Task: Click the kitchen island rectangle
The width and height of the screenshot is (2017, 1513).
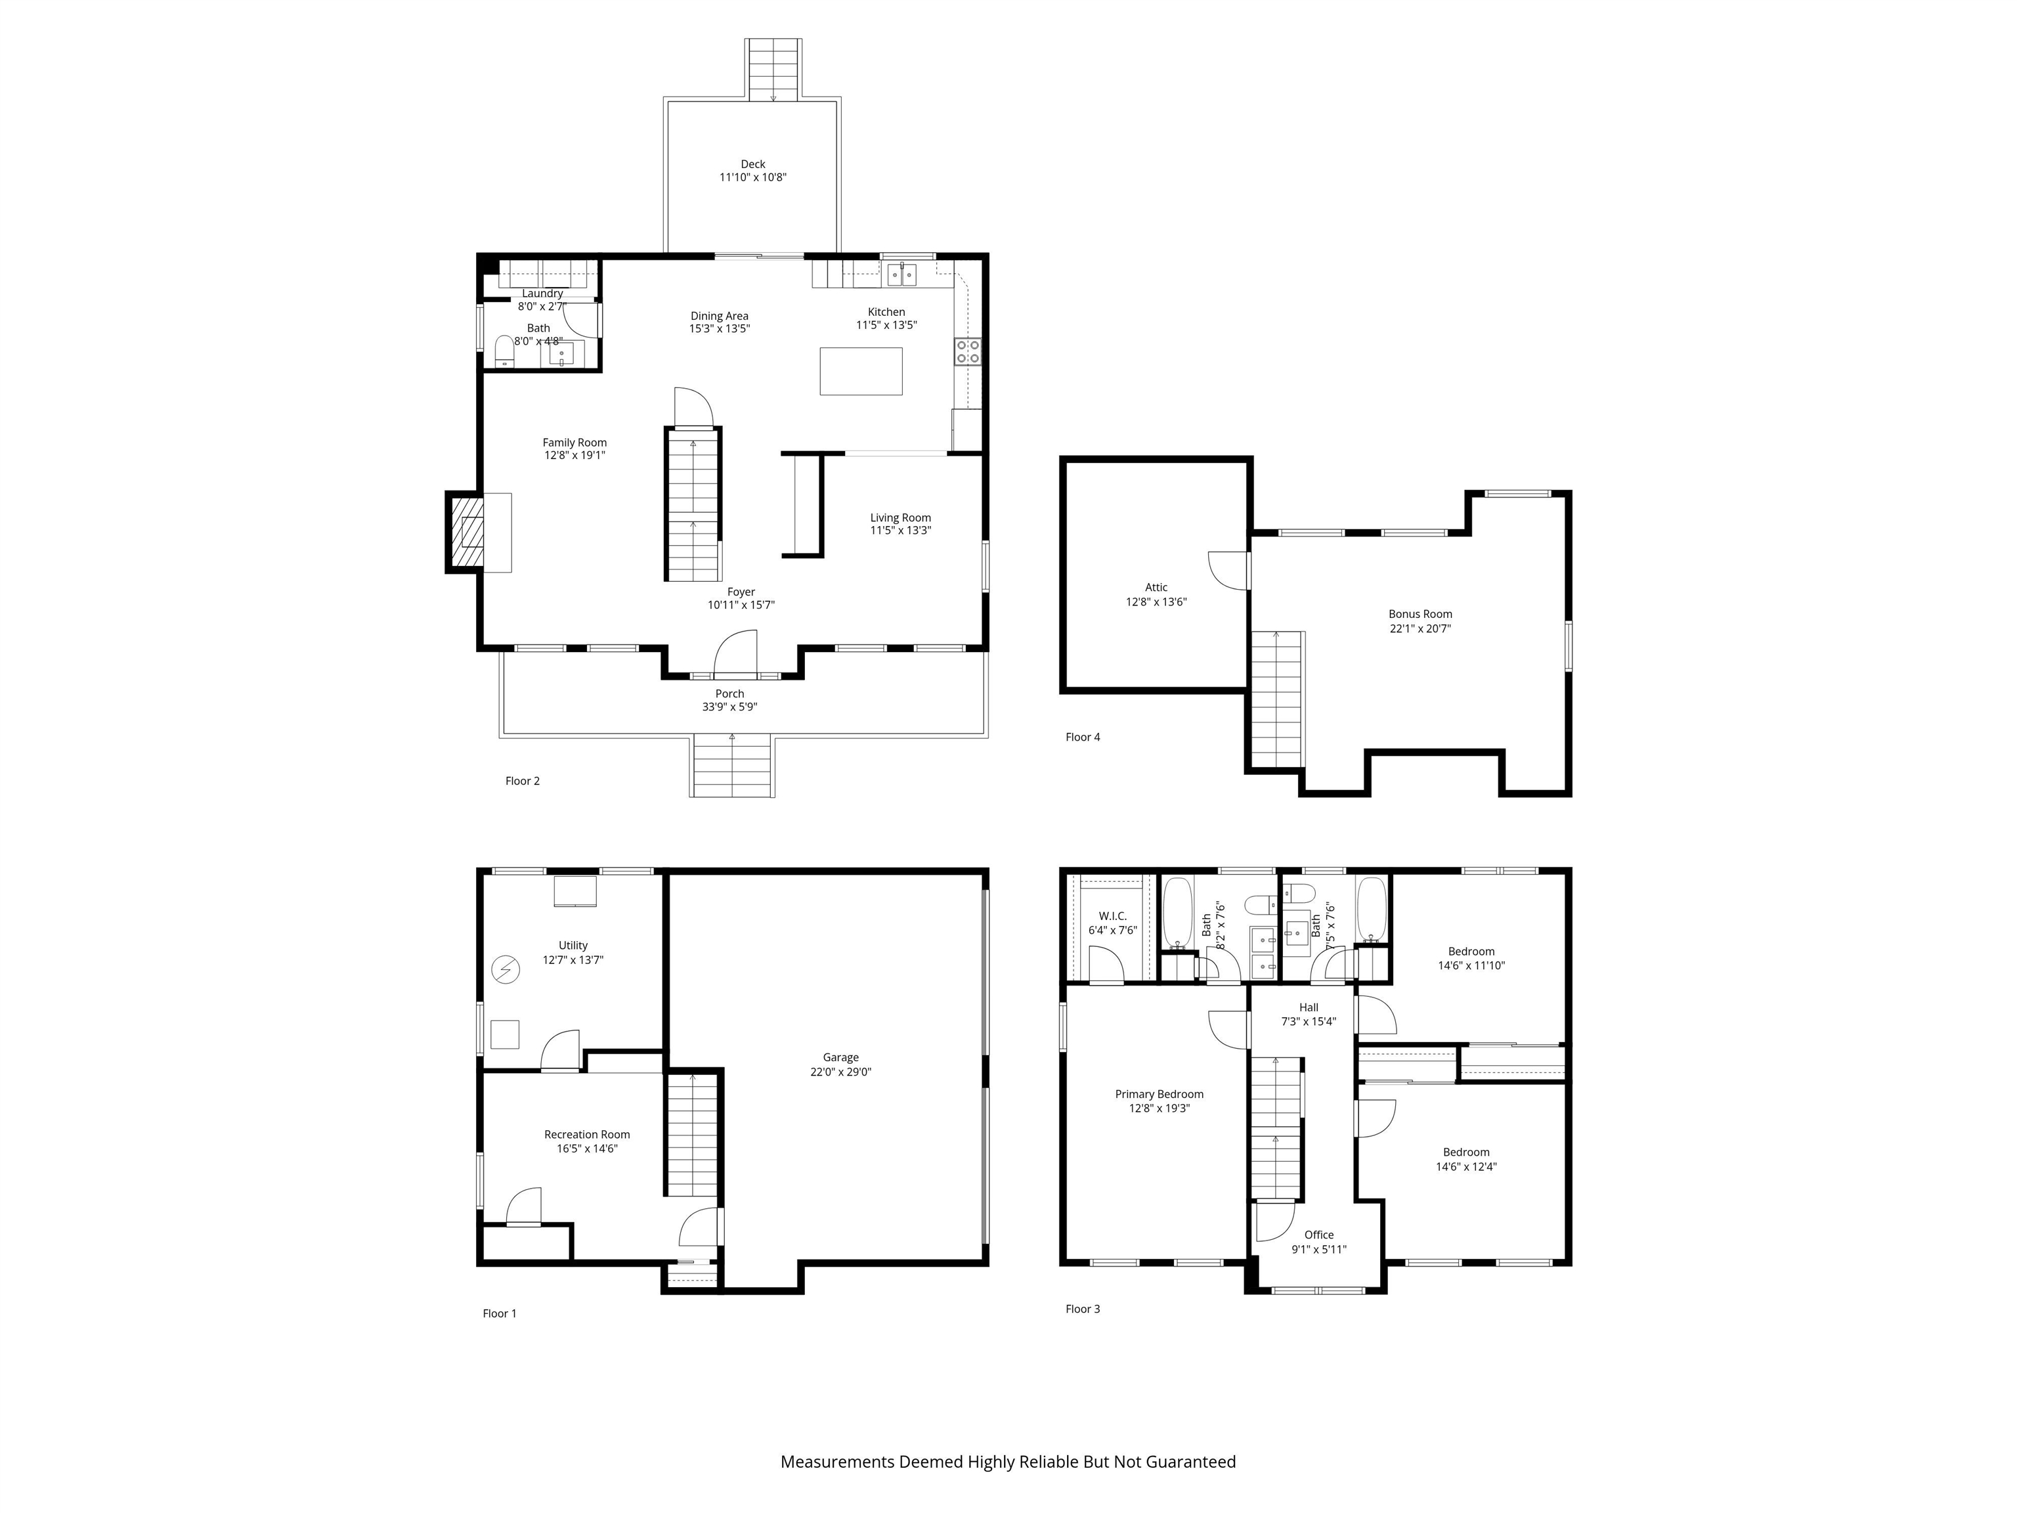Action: click(x=860, y=370)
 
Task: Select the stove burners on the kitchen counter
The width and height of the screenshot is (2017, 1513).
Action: click(x=968, y=351)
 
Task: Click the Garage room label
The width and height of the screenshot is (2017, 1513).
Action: click(x=840, y=1057)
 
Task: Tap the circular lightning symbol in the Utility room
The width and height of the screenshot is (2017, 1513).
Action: click(x=505, y=969)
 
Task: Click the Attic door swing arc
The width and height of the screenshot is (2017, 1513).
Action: click(x=1226, y=571)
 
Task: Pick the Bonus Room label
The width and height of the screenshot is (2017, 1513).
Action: click(x=1420, y=614)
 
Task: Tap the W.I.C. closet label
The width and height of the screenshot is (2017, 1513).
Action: click(x=1112, y=915)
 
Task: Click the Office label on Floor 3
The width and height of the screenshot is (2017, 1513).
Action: click(x=1318, y=1235)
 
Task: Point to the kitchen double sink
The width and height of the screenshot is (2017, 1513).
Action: click(x=902, y=274)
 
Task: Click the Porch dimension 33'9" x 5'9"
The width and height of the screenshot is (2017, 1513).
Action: click(x=729, y=707)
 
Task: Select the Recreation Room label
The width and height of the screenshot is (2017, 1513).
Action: click(x=586, y=1135)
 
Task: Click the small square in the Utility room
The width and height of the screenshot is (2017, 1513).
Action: click(x=504, y=1034)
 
